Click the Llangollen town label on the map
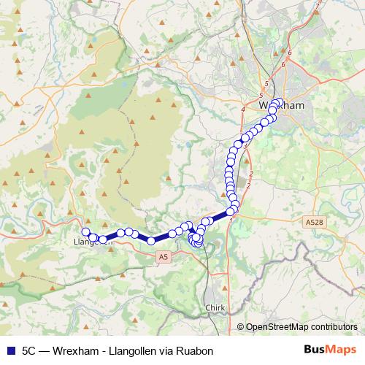pos(92,242)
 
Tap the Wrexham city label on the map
pos(280,106)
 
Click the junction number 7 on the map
pos(317,7)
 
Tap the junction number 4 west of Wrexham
pos(242,109)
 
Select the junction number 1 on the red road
pos(231,219)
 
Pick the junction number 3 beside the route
pos(246,146)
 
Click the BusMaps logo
pos(328,350)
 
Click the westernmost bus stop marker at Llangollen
pos(85,232)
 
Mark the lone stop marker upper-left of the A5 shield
pos(151,240)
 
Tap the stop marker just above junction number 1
pos(230,211)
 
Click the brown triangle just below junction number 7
pos(315,17)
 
